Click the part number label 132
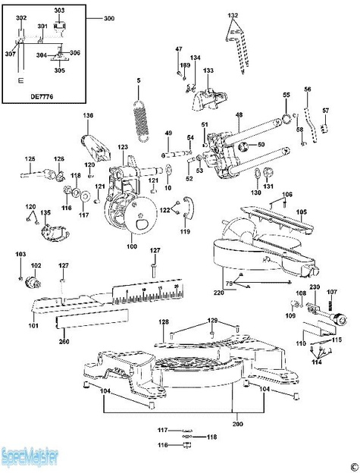point(233,14)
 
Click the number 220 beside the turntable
point(219,292)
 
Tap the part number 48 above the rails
point(239,114)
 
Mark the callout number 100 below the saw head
point(132,247)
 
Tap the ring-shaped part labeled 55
point(286,117)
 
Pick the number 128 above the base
point(164,322)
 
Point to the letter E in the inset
point(20,78)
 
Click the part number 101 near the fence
point(33,326)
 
